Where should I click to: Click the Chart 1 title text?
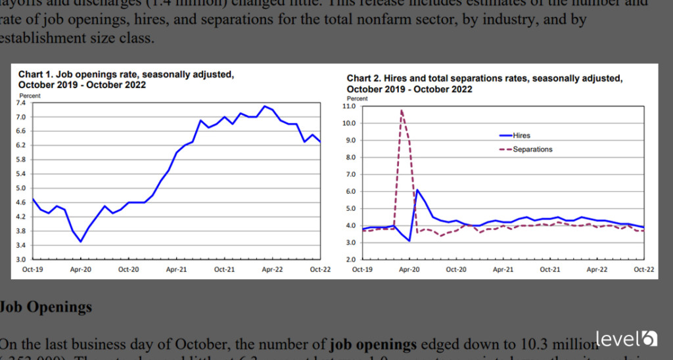(x=125, y=79)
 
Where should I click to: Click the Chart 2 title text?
(x=483, y=83)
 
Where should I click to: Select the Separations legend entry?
(x=532, y=149)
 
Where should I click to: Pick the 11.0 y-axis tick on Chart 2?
(x=349, y=106)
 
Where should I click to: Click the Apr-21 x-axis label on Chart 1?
(x=176, y=269)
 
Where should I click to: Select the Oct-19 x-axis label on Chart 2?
(x=362, y=269)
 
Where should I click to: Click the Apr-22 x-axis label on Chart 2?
(x=596, y=269)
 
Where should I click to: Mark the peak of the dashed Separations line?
(x=401, y=110)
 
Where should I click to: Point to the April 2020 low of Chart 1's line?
(x=81, y=242)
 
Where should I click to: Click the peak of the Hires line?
(x=417, y=190)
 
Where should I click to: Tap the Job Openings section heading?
(x=46, y=307)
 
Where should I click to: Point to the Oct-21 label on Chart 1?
(x=224, y=269)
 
